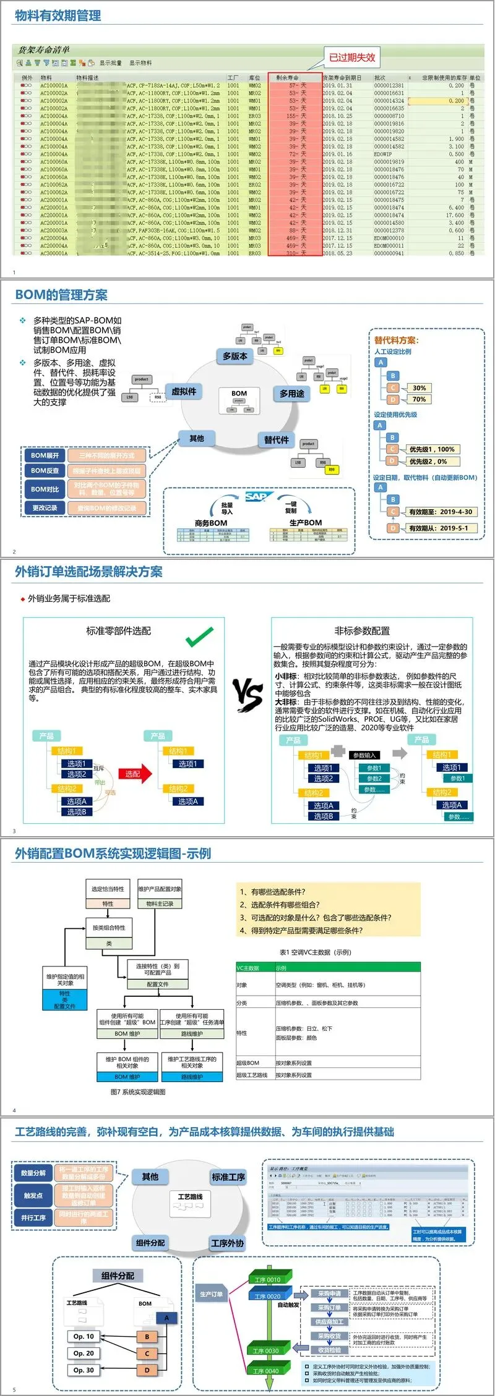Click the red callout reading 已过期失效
coord(351,57)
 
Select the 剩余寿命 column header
coord(287,78)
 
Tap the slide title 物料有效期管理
coord(58,15)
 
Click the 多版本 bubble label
coord(235,356)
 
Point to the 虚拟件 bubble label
coord(184,391)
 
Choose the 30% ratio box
coord(420,388)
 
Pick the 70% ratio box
coord(420,399)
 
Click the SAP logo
coord(256,496)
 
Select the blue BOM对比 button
coord(45,489)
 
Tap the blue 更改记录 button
coord(45,508)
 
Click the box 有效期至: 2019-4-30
coord(440,512)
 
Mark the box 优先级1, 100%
coord(431,449)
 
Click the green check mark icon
coord(200,636)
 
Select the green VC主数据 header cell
coord(254,968)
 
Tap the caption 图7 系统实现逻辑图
coord(138,1092)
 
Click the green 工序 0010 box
coord(267,1279)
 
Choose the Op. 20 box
coord(84,1353)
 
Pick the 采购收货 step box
coord(329,1335)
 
